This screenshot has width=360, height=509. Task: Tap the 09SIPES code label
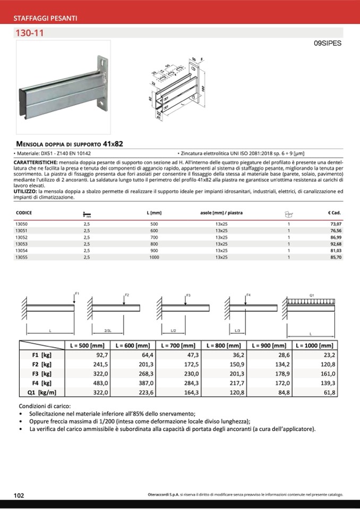(328, 44)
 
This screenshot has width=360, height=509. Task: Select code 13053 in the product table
(21, 244)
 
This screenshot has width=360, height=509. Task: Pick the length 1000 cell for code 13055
(154, 257)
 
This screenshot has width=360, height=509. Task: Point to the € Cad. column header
(334, 213)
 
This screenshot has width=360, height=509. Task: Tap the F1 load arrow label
(77, 294)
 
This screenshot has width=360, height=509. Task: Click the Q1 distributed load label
(311, 294)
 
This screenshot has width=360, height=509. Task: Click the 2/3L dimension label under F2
(108, 331)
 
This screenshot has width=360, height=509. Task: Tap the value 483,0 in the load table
(100, 383)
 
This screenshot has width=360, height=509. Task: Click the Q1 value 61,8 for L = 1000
(330, 392)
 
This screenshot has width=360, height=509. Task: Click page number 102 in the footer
(19, 495)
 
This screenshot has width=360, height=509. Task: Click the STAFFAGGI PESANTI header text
(45, 19)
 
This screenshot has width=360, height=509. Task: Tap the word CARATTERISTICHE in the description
(36, 160)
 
